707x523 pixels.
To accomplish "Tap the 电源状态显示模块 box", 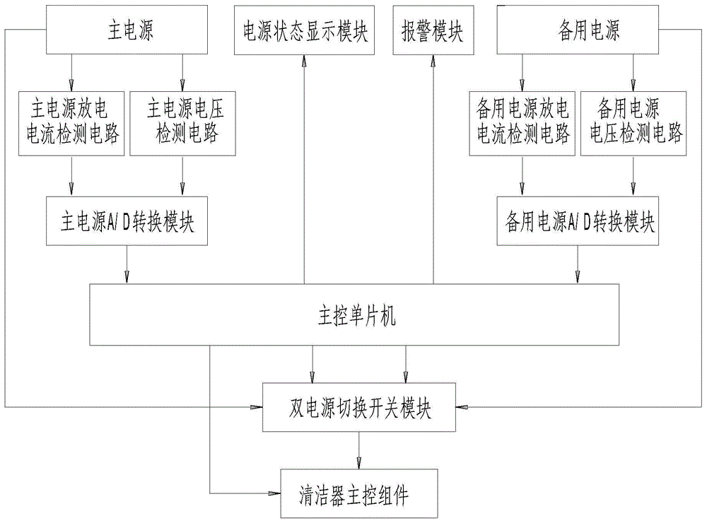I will pyautogui.click(x=305, y=31).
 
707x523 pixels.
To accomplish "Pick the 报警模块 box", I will pyautogui.click(x=433, y=31).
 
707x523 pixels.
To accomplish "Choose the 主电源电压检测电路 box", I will pyautogui.click(x=182, y=122).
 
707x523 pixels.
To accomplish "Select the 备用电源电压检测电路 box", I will pyautogui.click(x=633, y=122).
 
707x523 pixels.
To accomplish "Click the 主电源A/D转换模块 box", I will pyautogui.click(x=127, y=221).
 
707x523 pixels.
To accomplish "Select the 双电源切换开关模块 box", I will pyautogui.click(x=359, y=408).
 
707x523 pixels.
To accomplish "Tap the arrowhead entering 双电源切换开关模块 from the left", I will pyautogui.click(x=257, y=408).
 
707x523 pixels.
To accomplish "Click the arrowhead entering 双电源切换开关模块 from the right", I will pyautogui.click(x=462, y=408).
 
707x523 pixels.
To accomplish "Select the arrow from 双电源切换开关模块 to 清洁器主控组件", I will pyautogui.click(x=359, y=449).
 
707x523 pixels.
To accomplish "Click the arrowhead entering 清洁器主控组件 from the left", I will pyautogui.click(x=276, y=493).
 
